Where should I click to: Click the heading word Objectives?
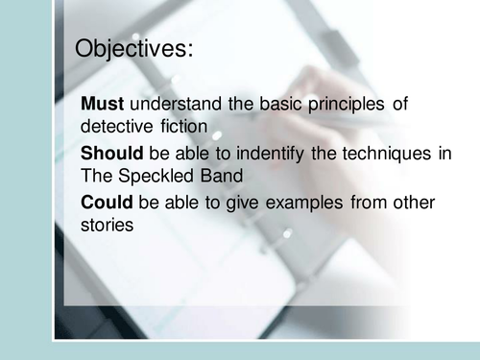click(x=132, y=49)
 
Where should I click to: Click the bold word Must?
click(x=103, y=104)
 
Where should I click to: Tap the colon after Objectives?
click(x=190, y=51)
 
